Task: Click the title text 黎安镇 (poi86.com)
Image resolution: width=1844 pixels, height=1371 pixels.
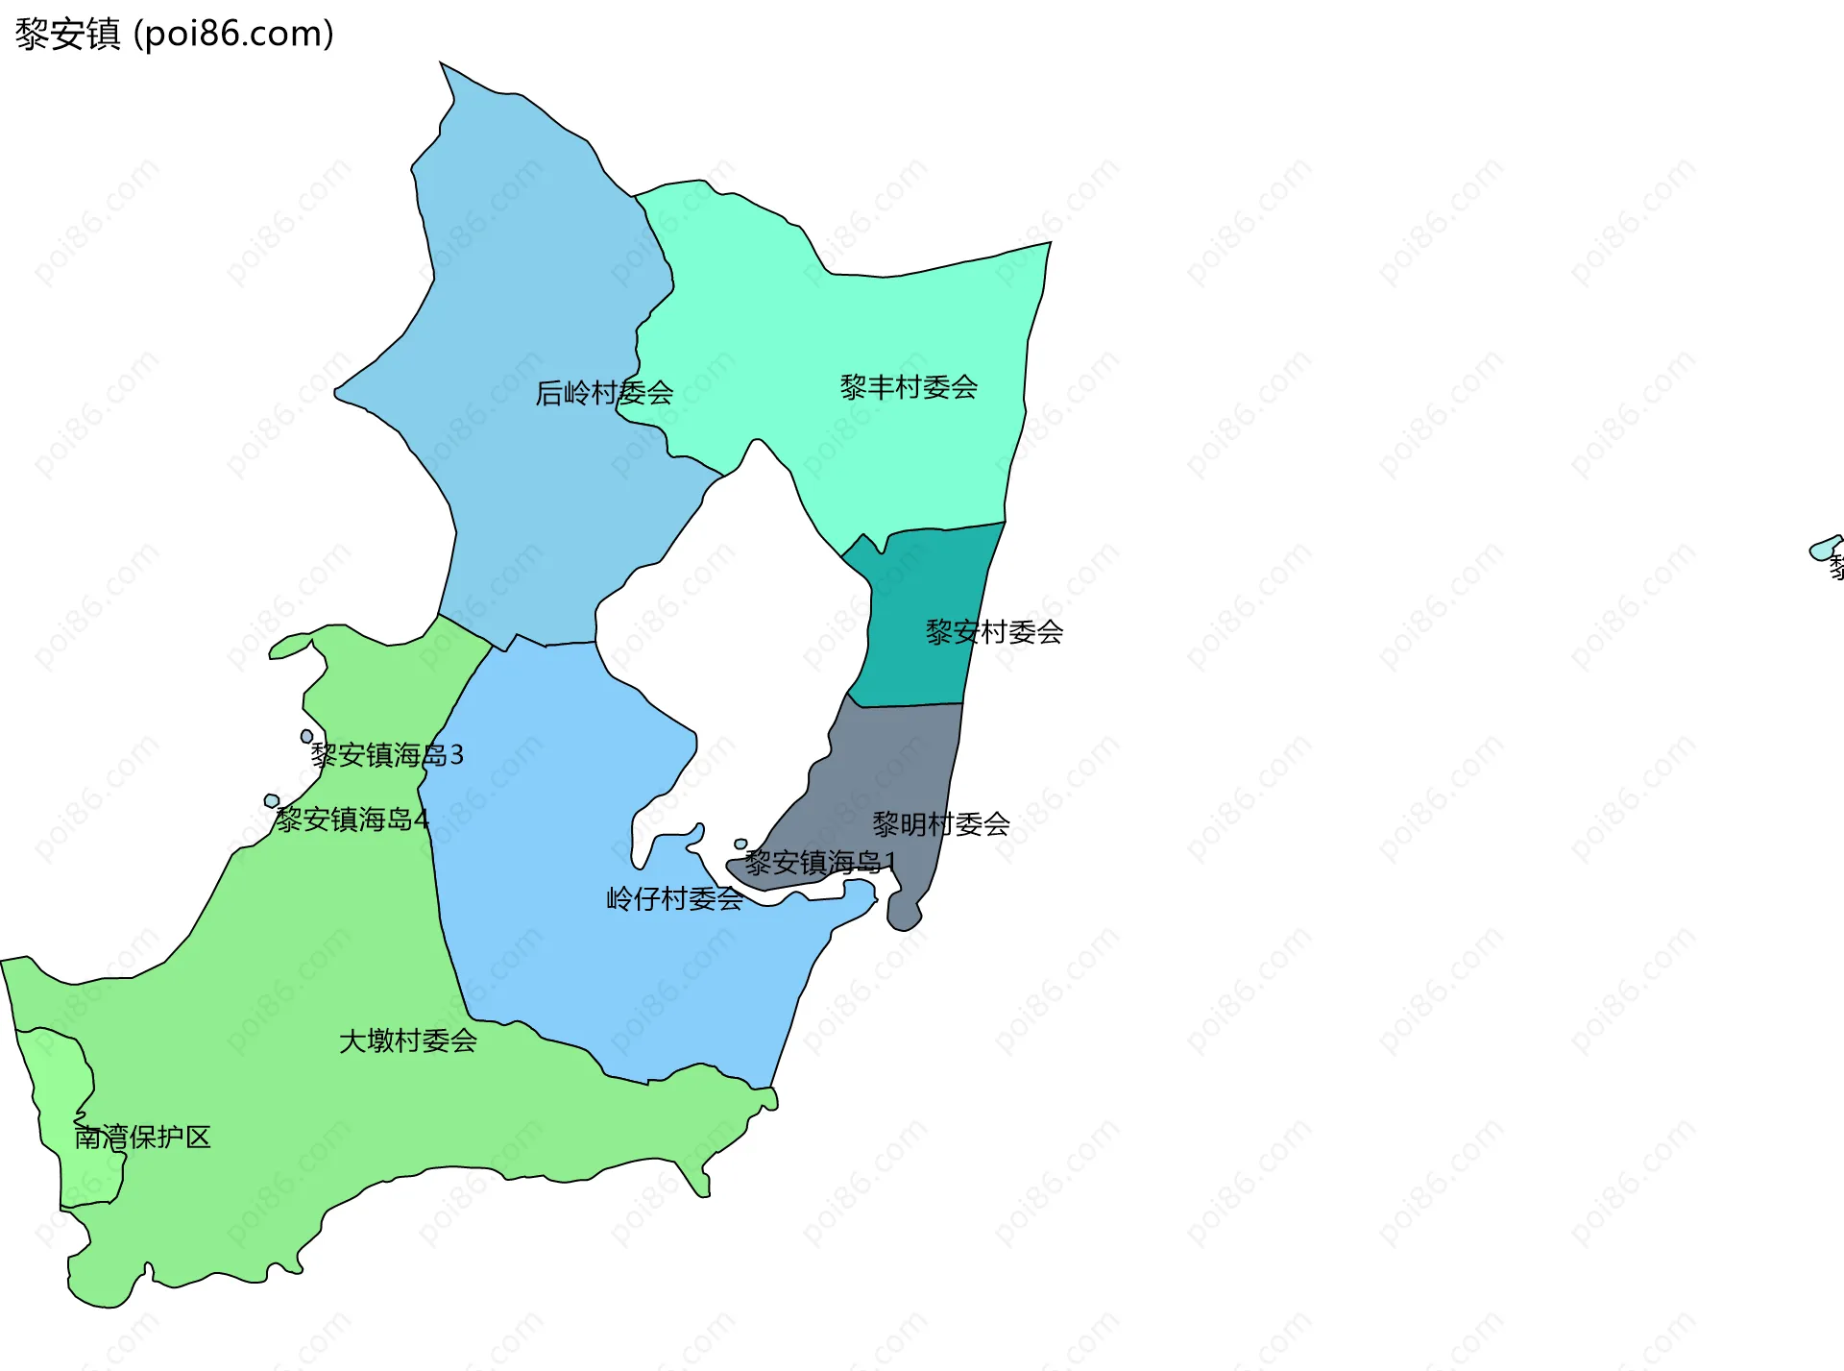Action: click(174, 34)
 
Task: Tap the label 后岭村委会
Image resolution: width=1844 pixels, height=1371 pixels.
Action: click(603, 393)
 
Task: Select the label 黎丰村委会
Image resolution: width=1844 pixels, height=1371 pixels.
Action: click(909, 387)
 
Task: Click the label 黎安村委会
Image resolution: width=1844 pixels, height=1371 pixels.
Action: click(994, 632)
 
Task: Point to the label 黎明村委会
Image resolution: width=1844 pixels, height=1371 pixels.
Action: click(940, 823)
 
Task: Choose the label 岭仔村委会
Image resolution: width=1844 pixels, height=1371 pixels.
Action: click(674, 899)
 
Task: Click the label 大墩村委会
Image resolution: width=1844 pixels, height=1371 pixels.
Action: click(408, 1040)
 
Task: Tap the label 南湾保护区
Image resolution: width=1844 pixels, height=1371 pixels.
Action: click(143, 1138)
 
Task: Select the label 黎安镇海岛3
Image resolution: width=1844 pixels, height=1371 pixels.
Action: click(387, 755)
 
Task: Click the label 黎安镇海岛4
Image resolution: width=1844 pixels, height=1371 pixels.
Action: click(352, 820)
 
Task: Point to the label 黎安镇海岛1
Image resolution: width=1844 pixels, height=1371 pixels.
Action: click(819, 862)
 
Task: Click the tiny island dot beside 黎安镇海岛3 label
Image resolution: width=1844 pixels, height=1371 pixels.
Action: click(306, 737)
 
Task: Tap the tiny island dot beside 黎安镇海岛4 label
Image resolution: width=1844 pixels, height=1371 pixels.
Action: click(272, 801)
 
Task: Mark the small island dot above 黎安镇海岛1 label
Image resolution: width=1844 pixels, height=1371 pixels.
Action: click(740, 845)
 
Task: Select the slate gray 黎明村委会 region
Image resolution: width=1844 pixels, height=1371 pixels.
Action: click(893, 769)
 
